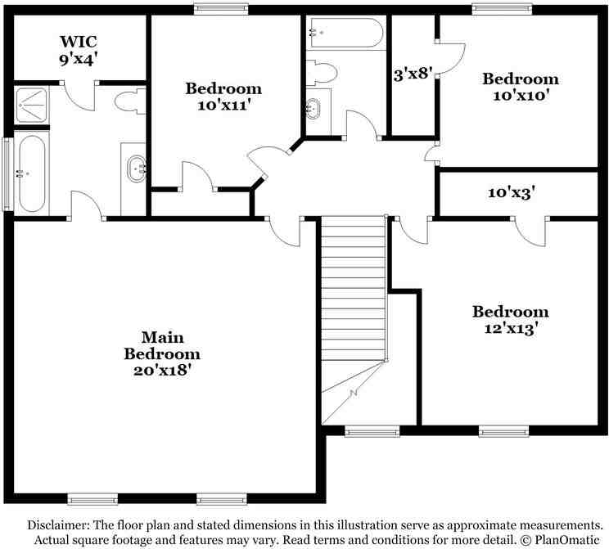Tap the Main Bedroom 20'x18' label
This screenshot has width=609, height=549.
click(162, 353)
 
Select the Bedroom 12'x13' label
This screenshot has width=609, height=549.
click(510, 320)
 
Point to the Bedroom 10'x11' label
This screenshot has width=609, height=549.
click(223, 97)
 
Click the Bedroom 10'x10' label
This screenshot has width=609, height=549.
click(520, 87)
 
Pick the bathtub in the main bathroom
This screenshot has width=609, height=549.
click(30, 173)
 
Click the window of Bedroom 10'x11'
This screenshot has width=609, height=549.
click(220, 10)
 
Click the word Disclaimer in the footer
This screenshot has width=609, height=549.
click(63, 524)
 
